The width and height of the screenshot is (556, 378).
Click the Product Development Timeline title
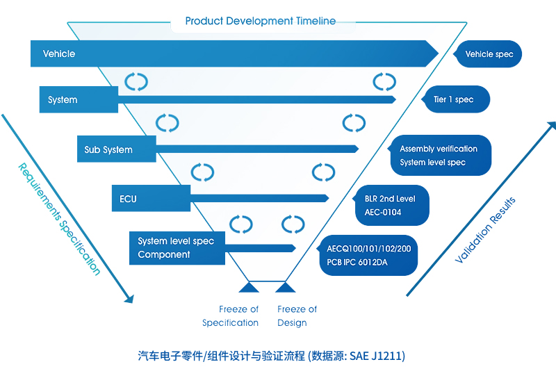[x=260, y=21]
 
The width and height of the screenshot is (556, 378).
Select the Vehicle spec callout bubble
[x=488, y=54]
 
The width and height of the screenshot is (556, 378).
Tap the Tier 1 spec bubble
[x=456, y=99]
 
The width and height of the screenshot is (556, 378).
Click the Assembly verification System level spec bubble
[x=440, y=156]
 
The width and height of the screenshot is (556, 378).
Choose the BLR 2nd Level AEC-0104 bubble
[x=391, y=205]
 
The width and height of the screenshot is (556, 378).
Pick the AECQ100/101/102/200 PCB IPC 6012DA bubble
[x=368, y=255]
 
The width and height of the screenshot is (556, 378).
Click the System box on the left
[x=79, y=99]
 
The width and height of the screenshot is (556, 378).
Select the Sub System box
[x=117, y=149]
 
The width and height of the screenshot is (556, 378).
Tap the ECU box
[x=151, y=198]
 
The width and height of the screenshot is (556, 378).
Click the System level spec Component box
[x=177, y=248]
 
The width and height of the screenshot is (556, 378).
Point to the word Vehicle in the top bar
[x=59, y=54]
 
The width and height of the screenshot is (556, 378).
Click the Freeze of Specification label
[x=231, y=316]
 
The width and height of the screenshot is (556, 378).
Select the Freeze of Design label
[x=297, y=316]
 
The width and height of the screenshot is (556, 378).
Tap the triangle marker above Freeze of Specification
[x=249, y=288]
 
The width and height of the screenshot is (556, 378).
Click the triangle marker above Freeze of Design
[x=286, y=288]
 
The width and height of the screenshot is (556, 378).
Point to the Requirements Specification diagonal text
[x=59, y=219]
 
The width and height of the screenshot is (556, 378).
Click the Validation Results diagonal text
[x=485, y=230]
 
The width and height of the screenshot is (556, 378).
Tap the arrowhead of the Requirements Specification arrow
[x=130, y=299]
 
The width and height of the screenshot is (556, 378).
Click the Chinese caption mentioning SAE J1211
[x=272, y=356]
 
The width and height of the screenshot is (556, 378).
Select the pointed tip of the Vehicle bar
[x=439, y=54]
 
